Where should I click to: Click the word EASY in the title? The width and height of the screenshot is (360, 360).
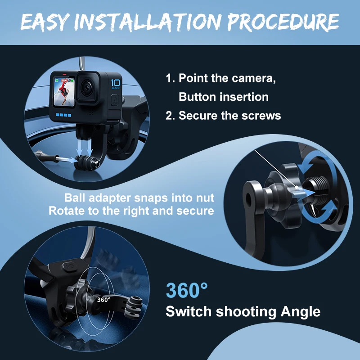click(45, 22)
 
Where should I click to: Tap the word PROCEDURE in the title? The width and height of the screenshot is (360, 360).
click(283, 22)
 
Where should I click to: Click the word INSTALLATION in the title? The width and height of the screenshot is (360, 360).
click(148, 22)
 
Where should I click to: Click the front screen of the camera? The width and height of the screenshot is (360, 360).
click(64, 92)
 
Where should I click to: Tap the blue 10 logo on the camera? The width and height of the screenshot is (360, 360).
click(116, 84)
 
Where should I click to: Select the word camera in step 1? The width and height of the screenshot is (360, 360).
click(254, 78)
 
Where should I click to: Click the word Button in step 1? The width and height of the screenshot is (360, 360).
click(198, 97)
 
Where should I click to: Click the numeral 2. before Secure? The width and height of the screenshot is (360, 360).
click(171, 115)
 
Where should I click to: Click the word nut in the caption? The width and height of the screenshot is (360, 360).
click(205, 198)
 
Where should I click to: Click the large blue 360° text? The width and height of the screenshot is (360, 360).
click(187, 290)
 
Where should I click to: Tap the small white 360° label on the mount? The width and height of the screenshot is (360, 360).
click(104, 300)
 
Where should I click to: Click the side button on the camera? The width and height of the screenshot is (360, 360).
click(115, 100)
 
